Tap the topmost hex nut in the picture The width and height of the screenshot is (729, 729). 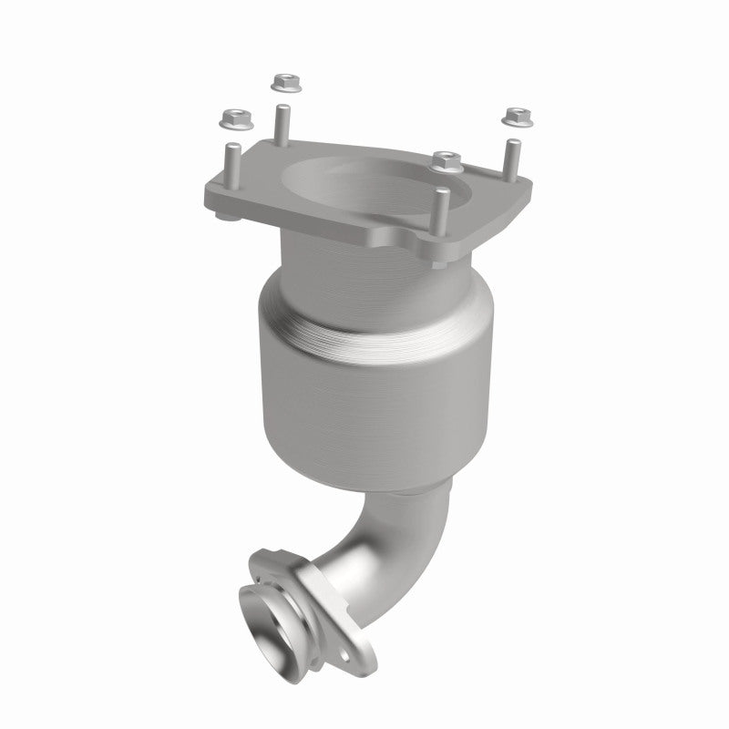[282, 83]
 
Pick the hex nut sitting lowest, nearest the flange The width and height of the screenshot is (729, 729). [446, 160]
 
